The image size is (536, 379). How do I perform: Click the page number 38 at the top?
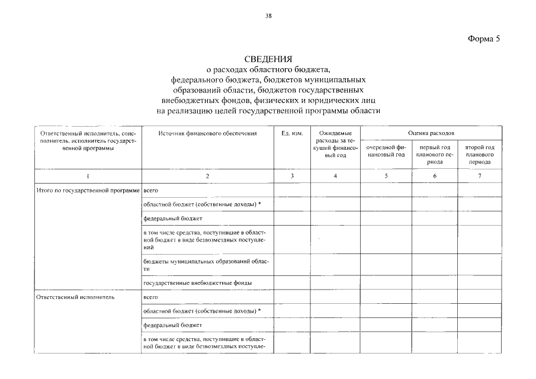268,16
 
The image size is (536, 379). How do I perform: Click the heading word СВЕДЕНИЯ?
268,59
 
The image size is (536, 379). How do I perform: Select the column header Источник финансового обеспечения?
207,133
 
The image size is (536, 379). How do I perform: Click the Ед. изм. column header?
292,133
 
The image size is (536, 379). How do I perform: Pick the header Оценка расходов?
431,133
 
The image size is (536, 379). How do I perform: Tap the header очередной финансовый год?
386,150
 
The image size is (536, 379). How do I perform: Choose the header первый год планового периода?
435,153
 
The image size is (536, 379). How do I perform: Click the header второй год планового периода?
480,153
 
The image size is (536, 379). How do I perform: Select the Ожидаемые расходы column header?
335,144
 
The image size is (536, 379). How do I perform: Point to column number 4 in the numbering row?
335,176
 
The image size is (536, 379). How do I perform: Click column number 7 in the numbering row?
480,176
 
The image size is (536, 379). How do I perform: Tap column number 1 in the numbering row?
88,176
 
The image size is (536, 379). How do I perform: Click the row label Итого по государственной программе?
88,190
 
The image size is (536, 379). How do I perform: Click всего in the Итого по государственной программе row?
150,190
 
